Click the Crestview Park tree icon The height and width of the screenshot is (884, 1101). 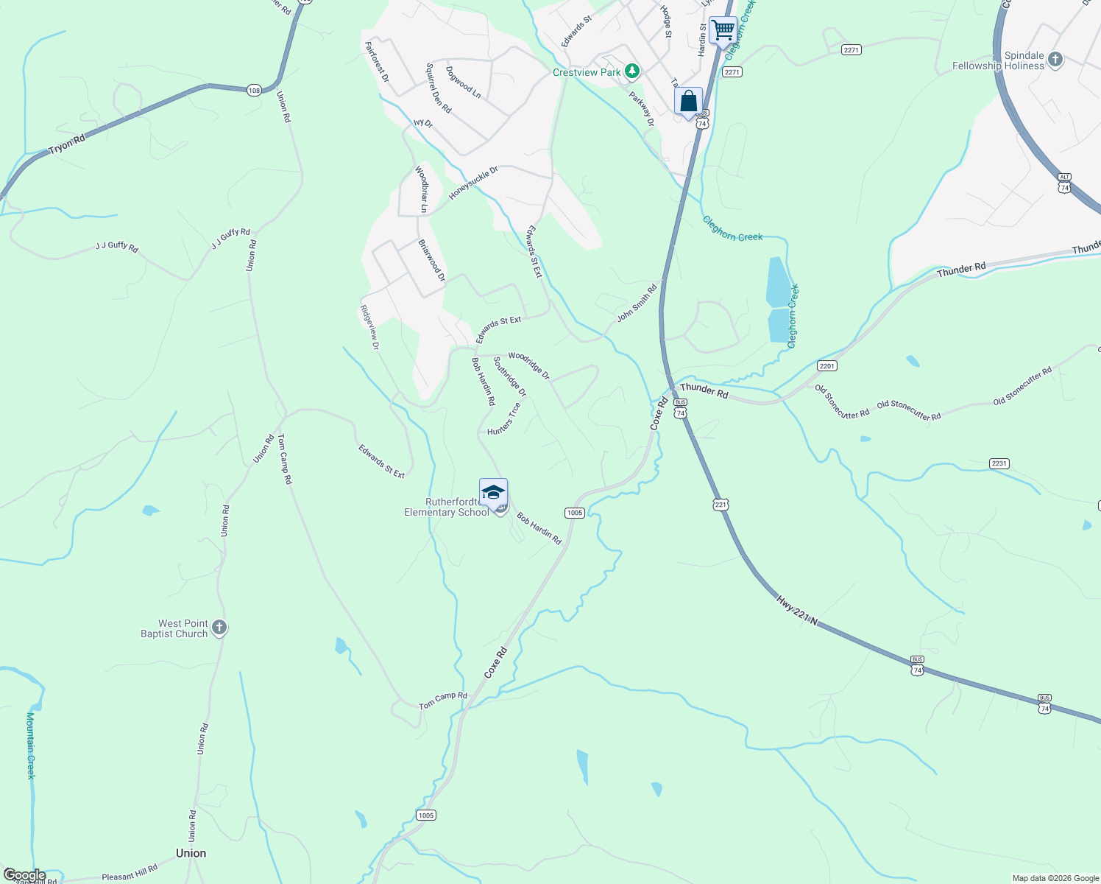pyautogui.click(x=631, y=71)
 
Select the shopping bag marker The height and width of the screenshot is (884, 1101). pyautogui.click(x=688, y=101)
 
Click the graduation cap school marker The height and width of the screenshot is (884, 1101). pyautogui.click(x=493, y=493)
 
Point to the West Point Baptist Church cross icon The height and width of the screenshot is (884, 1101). pyautogui.click(x=219, y=628)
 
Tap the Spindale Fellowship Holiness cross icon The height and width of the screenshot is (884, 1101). pyautogui.click(x=1055, y=60)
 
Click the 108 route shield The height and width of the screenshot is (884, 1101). pyautogui.click(x=254, y=90)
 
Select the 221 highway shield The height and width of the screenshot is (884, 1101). pyautogui.click(x=721, y=505)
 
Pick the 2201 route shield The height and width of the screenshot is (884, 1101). pyautogui.click(x=827, y=366)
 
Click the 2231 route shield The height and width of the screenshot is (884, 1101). pyautogui.click(x=999, y=463)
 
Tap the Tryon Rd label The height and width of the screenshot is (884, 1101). pyautogui.click(x=67, y=144)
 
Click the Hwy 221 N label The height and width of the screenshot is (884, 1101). pyautogui.click(x=797, y=611)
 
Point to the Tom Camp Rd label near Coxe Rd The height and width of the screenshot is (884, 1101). pyautogui.click(x=443, y=700)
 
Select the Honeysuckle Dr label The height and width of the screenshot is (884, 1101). pyautogui.click(x=474, y=183)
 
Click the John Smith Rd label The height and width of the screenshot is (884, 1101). pyautogui.click(x=637, y=303)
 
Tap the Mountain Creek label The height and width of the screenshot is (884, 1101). pyautogui.click(x=31, y=745)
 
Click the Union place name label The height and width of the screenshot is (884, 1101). pyautogui.click(x=191, y=853)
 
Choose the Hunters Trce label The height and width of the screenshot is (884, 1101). pyautogui.click(x=504, y=418)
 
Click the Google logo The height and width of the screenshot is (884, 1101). pyautogui.click(x=24, y=875)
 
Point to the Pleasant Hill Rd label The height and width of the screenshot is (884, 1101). pyautogui.click(x=130, y=874)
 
